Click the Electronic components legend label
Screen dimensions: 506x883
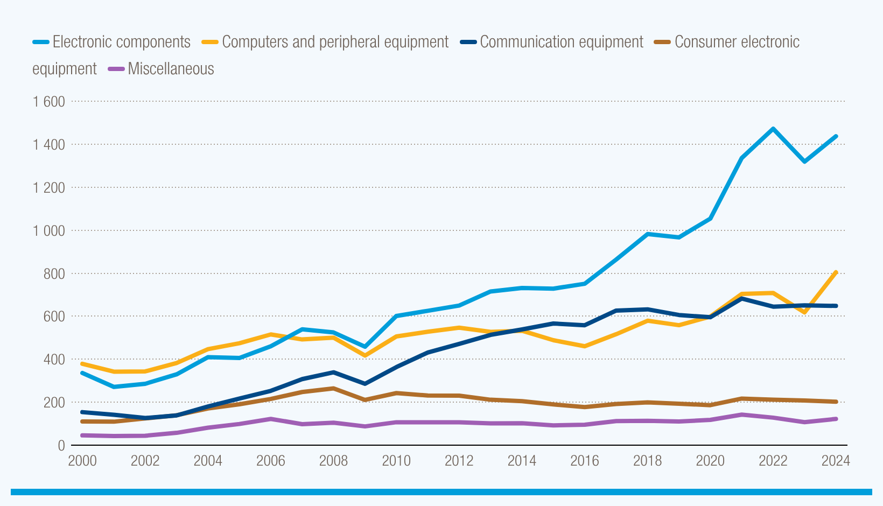coord(121,42)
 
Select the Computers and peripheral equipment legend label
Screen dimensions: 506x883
coord(335,42)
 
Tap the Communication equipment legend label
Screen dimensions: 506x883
coord(561,42)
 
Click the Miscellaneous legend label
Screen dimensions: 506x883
coord(171,69)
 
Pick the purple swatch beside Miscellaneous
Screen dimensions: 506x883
coord(116,69)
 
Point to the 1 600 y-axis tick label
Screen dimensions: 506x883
coord(48,102)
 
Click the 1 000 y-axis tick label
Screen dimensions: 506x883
coord(48,231)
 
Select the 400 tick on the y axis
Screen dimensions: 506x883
coord(53,360)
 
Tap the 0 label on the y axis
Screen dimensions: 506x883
coord(61,446)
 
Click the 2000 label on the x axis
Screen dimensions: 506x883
coord(82,461)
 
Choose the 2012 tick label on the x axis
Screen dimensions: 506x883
coord(459,461)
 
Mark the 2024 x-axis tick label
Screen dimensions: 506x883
coord(835,461)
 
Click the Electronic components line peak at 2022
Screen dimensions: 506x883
coord(773,129)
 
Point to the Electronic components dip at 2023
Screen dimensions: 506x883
coord(804,161)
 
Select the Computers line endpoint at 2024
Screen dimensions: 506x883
coord(836,272)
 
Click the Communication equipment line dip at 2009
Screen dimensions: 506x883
coord(365,384)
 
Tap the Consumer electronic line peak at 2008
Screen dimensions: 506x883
coord(334,388)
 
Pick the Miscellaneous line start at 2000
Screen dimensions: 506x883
coord(82,435)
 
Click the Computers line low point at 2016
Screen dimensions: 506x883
coord(585,346)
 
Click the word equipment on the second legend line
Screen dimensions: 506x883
coord(65,69)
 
